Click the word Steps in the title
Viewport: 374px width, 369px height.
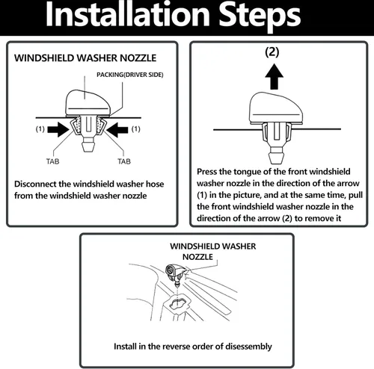(260, 16)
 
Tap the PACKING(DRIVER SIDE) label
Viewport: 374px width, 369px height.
(130, 75)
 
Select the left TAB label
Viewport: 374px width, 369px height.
(52, 161)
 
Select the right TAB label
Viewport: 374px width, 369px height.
(124, 161)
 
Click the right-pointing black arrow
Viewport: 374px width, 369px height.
(58, 129)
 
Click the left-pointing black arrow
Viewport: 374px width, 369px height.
(117, 129)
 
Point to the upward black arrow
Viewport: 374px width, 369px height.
(274, 76)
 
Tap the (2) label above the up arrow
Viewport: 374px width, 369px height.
(272, 52)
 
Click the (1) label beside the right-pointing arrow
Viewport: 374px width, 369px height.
(40, 129)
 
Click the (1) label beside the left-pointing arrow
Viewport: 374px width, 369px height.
(135, 129)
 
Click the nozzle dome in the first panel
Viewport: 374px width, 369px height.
(88, 102)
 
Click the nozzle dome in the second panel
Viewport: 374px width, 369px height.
(276, 108)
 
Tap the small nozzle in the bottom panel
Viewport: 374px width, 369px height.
(175, 273)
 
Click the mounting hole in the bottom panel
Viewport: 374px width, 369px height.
(178, 302)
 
